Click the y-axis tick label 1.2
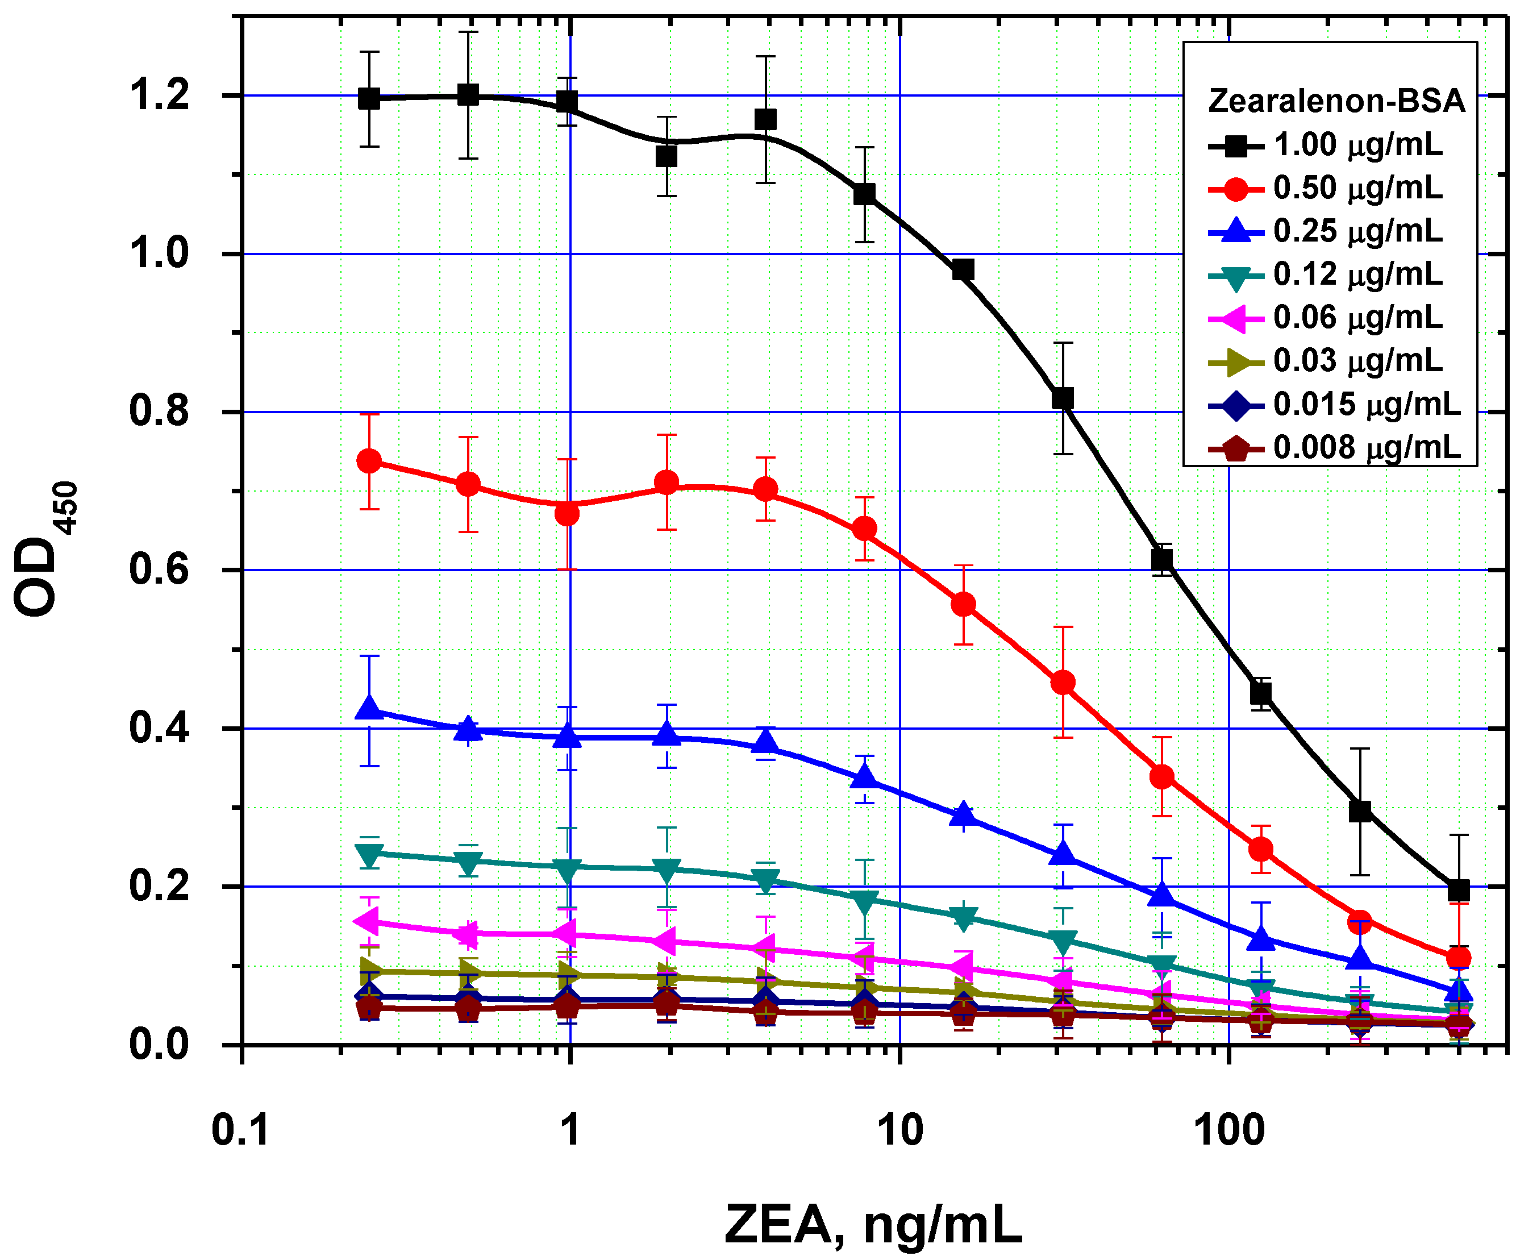(x=159, y=95)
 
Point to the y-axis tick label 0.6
(x=159, y=569)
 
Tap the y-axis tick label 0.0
(x=159, y=1045)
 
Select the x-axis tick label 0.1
(x=240, y=1130)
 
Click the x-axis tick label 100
(x=1228, y=1130)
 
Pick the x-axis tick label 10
(x=899, y=1130)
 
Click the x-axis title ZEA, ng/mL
(x=873, y=1224)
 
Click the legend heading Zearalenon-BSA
(x=1336, y=101)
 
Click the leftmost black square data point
(x=369, y=99)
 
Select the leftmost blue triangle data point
(x=369, y=709)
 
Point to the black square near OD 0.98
(x=963, y=270)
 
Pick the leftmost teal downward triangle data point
(x=369, y=855)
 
